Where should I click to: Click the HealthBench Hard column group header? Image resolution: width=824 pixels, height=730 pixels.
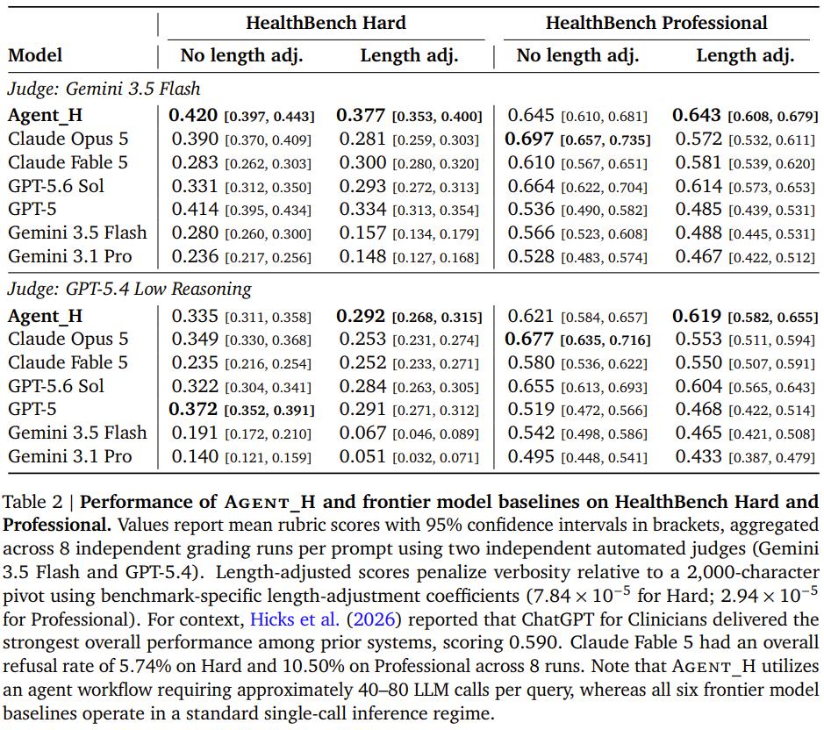(326, 23)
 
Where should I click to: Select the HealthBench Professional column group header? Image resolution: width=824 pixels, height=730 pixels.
(656, 23)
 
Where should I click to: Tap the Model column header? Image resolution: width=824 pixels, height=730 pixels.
(35, 55)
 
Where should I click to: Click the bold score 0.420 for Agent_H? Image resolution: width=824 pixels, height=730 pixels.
(193, 115)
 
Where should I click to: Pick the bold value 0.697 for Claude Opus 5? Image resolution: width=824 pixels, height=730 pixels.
(528, 139)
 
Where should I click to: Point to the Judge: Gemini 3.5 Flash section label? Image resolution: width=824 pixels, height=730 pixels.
(104, 89)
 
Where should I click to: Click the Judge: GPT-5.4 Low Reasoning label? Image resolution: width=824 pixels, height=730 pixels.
(129, 289)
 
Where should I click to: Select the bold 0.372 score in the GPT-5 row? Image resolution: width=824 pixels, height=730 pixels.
(193, 409)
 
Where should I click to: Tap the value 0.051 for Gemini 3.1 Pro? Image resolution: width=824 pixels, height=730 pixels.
(362, 456)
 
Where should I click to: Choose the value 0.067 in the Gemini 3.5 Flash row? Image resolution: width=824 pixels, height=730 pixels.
(362, 433)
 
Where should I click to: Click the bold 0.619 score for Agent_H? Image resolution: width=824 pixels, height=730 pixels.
(697, 316)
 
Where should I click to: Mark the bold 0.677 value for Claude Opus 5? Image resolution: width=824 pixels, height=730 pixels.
(528, 339)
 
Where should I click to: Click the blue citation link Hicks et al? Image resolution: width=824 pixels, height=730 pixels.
(295, 619)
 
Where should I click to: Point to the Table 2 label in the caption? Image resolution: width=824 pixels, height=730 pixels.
(32, 501)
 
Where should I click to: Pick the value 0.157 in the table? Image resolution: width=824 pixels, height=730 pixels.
(362, 233)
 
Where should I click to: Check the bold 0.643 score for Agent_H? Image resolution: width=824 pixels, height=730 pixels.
(697, 115)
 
